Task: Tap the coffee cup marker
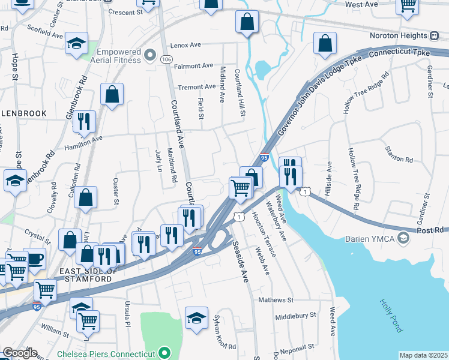(x=34, y=259)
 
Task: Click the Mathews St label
(x=275, y=299)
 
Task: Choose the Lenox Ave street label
(x=185, y=45)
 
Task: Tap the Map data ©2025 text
(x=423, y=355)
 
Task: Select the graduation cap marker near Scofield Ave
(x=77, y=43)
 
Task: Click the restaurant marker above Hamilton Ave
(x=84, y=122)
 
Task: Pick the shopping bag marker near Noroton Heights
(x=325, y=44)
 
